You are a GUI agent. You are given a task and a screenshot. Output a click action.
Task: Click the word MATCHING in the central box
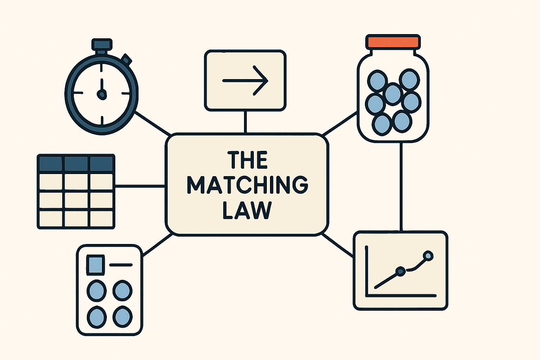coord(247,185)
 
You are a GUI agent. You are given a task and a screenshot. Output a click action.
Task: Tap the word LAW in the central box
coord(247,210)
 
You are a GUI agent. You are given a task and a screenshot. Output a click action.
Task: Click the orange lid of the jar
coord(393,42)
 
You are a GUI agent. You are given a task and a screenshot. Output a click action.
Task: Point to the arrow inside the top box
coord(245,81)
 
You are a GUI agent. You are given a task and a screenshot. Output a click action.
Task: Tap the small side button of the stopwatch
coord(126,59)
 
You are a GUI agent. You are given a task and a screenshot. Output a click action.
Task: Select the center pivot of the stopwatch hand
coord(102,94)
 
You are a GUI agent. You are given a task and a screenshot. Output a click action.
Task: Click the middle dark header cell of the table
coord(76,164)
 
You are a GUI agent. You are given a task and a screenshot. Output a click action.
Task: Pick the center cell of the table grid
coord(76,200)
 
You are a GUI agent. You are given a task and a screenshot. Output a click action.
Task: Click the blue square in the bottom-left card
coord(96,265)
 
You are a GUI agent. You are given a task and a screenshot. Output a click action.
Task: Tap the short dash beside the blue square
coord(121,265)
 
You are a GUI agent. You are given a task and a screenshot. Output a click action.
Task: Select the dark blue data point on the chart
coord(401,271)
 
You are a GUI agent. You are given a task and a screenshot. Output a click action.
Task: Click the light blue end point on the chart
coord(428,256)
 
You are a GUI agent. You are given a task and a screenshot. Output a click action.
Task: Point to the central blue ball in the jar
coord(393,94)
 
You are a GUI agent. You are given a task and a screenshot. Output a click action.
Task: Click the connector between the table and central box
coord(140,186)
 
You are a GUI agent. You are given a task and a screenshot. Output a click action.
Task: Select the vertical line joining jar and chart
coord(401,187)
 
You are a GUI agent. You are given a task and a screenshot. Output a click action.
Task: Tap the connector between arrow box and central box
coord(245,122)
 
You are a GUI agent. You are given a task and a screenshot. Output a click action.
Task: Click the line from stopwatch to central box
coord(153,123)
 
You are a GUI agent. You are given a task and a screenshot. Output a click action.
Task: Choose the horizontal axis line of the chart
coord(401,296)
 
